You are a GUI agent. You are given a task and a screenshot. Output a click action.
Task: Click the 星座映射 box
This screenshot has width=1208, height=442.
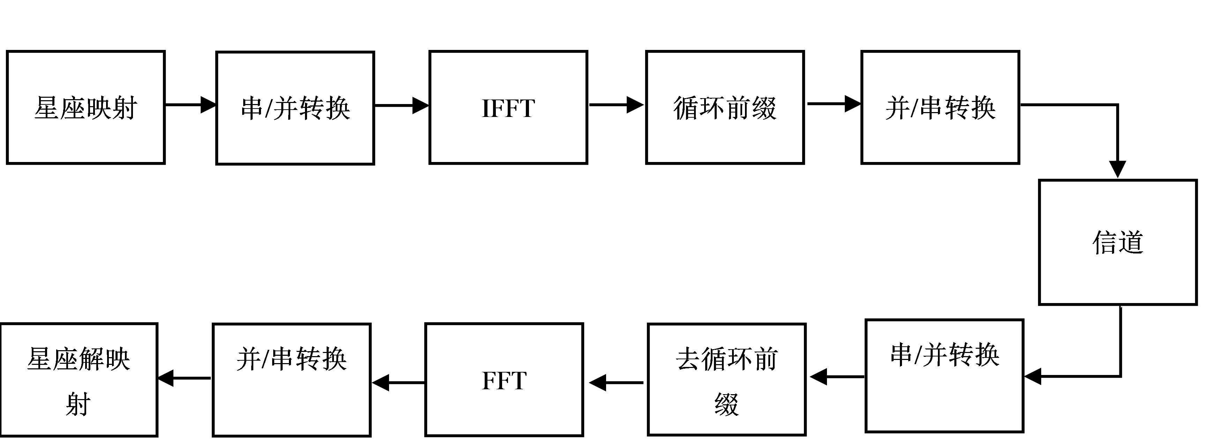click(x=86, y=108)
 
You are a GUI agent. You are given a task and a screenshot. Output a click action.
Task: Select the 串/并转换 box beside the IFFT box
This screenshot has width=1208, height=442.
click(x=295, y=108)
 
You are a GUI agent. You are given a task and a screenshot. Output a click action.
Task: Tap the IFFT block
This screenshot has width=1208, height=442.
click(x=508, y=108)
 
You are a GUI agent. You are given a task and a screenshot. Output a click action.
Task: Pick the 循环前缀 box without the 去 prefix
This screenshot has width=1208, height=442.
click(x=725, y=108)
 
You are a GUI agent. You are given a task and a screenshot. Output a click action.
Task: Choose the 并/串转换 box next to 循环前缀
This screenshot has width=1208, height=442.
click(x=940, y=108)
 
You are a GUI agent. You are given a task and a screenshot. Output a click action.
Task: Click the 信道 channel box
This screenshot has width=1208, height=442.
click(x=1118, y=242)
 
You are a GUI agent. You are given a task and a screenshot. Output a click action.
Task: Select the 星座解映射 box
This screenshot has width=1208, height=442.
click(x=78, y=380)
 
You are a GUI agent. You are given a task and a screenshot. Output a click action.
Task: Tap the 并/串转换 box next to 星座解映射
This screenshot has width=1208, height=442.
click(x=292, y=380)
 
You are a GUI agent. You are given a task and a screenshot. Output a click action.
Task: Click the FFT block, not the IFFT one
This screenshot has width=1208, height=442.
click(x=504, y=380)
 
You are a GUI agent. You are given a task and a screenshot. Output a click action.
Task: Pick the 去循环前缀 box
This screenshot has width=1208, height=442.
click(x=726, y=380)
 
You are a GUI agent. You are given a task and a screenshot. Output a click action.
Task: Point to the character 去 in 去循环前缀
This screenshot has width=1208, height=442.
click(x=688, y=359)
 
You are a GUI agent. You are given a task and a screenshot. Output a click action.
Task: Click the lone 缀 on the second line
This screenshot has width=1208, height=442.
click(x=726, y=404)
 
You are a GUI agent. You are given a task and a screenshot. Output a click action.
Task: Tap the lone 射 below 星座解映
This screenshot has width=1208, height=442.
click(x=78, y=404)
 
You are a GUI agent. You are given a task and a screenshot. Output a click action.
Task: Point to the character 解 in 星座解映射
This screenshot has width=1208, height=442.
click(x=92, y=359)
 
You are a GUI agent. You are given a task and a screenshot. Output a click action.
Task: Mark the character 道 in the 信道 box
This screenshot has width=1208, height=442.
click(x=1131, y=243)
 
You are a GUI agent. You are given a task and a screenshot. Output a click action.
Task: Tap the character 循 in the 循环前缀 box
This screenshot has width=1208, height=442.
click(x=686, y=108)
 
